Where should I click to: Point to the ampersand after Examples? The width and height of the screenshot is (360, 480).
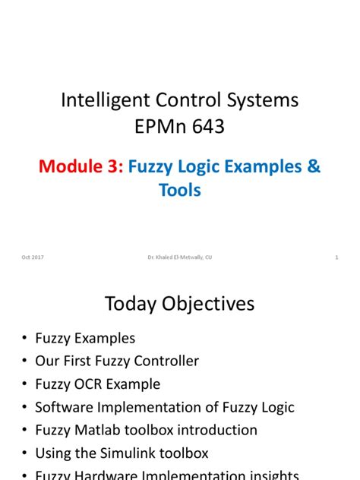314,167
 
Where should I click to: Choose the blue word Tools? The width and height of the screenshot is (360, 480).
180,190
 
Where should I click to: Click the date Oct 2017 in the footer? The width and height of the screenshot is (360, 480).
33,257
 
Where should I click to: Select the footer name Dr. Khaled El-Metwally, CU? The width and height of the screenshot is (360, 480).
180,257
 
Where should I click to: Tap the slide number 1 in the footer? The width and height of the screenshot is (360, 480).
336,257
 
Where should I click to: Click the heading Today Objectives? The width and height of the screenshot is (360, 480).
180,305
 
